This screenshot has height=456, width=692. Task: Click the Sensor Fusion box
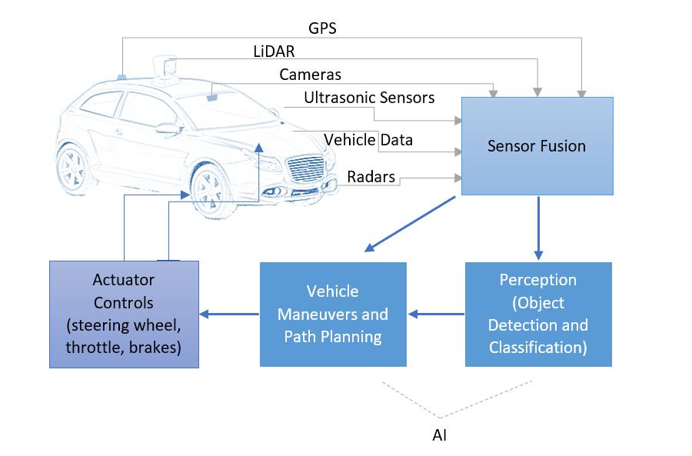(x=537, y=146)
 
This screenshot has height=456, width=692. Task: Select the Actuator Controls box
(x=124, y=314)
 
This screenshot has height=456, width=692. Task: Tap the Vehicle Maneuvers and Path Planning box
(x=332, y=314)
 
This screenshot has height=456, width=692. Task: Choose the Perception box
(x=537, y=314)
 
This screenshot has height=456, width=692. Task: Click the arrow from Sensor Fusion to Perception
(x=538, y=227)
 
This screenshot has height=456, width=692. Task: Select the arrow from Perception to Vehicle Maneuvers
(x=436, y=314)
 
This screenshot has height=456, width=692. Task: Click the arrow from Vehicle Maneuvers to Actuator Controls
(x=228, y=314)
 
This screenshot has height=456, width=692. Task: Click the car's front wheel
(x=210, y=189)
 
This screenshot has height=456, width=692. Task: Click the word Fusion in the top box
(x=561, y=146)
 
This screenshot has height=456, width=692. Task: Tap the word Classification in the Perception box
(x=537, y=347)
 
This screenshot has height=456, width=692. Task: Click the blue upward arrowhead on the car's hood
(x=259, y=148)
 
